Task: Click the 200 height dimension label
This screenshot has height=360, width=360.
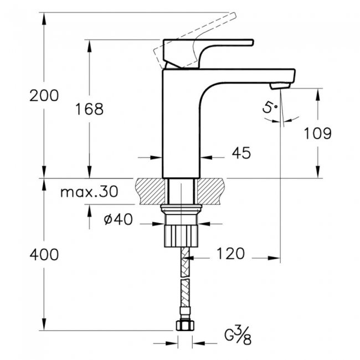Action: [44, 95]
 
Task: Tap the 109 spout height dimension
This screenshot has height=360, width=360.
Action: [317, 133]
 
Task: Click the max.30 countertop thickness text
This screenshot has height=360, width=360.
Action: [89, 192]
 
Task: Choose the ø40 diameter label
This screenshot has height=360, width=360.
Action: [117, 219]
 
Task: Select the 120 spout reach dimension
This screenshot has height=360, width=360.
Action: [232, 254]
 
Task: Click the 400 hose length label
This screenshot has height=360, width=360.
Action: [44, 254]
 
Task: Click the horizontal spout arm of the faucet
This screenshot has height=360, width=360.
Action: [244, 74]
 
